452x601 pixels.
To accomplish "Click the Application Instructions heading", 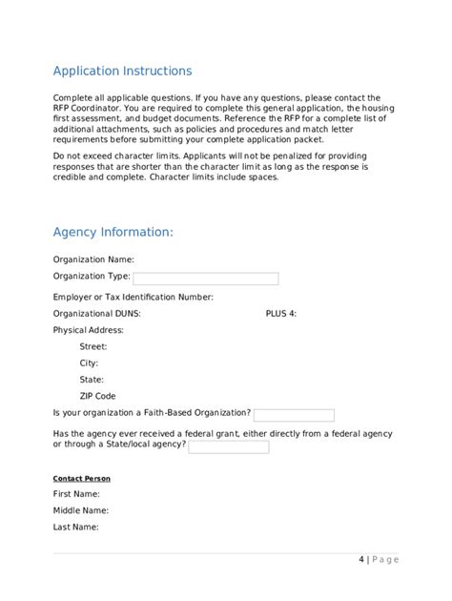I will pyautogui.click(x=122, y=72).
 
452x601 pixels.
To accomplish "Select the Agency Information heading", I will pyautogui.click(x=113, y=232).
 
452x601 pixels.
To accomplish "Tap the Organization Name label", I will pyautogui.click(x=93, y=259).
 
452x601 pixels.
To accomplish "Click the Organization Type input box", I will pyautogui.click(x=205, y=279).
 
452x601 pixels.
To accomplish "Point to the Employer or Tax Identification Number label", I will pyautogui.click(x=134, y=297).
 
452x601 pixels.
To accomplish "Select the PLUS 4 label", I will pyautogui.click(x=281, y=313).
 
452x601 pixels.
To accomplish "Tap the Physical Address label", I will pyautogui.click(x=89, y=330).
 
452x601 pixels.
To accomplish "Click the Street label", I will pyautogui.click(x=93, y=347).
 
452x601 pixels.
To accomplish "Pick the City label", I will pyautogui.click(x=89, y=363).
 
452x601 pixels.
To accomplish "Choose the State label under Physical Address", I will pyautogui.click(x=92, y=380).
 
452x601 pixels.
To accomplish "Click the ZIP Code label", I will pyautogui.click(x=98, y=396).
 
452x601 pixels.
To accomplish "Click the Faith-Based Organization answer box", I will pyautogui.click(x=294, y=415).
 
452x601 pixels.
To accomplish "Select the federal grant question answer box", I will pyautogui.click(x=228, y=446).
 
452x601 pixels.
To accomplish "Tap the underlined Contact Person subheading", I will pyautogui.click(x=82, y=479).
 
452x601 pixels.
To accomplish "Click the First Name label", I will pyautogui.click(x=76, y=494).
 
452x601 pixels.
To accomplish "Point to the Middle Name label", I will pyautogui.click(x=80, y=510).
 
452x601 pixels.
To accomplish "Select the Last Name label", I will pyautogui.click(x=76, y=527).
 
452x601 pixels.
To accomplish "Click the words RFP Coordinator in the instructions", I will pyautogui.click(x=88, y=108).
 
